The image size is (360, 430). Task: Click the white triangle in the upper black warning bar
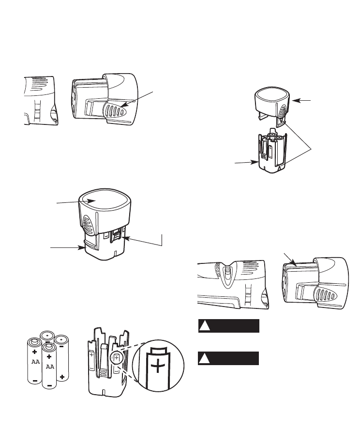(x=204, y=326)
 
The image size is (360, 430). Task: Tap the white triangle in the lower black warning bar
(x=204, y=358)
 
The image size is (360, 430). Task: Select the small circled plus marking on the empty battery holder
(x=116, y=358)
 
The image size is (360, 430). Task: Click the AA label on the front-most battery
(x=49, y=367)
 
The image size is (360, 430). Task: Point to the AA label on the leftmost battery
(x=35, y=362)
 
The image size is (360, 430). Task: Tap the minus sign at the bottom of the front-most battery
(x=49, y=385)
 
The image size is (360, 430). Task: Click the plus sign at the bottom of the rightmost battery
(x=62, y=377)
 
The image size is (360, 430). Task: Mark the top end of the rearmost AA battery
(x=47, y=335)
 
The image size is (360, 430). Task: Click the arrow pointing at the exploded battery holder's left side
(x=246, y=162)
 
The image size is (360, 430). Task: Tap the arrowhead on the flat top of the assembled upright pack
(x=91, y=201)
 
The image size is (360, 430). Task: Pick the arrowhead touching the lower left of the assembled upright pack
(x=82, y=247)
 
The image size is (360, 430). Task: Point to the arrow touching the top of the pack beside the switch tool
(x=290, y=260)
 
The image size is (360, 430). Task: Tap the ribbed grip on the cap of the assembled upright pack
(x=88, y=224)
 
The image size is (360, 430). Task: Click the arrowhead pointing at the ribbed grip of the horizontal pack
(x=122, y=105)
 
